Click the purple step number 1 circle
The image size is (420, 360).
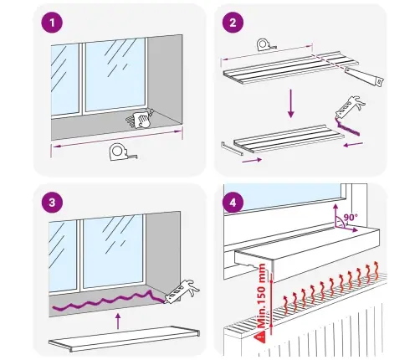tap(52, 23)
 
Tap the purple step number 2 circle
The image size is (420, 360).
tap(233, 23)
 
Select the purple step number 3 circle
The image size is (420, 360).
tap(52, 203)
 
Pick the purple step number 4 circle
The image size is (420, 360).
tap(233, 203)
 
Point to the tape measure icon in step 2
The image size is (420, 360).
tap(266, 45)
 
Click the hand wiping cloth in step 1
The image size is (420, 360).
tap(141, 120)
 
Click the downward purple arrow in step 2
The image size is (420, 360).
tap(291, 103)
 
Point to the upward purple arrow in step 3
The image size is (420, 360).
tap(118, 321)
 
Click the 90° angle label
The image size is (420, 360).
tap(351, 217)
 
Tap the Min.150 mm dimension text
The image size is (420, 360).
tap(262, 296)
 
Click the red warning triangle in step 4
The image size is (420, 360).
tap(261, 337)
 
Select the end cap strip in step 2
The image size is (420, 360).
tap(232, 148)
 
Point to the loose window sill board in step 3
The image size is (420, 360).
tap(125, 338)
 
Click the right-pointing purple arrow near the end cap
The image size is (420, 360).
tap(252, 160)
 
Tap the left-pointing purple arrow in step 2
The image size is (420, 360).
tap(353, 145)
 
